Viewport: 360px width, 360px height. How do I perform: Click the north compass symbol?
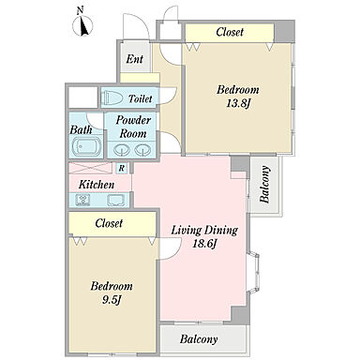click(82, 25)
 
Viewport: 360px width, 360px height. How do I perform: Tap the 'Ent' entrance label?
click(134, 59)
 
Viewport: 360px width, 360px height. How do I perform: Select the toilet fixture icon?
click(113, 97)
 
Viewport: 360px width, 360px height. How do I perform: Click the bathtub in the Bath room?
click(86, 146)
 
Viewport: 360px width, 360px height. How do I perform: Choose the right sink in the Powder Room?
click(142, 150)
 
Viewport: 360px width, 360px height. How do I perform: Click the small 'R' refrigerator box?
click(122, 168)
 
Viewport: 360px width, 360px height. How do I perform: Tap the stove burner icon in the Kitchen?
click(82, 200)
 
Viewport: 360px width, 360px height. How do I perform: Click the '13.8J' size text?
click(239, 103)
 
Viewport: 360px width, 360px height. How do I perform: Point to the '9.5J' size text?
click(112, 300)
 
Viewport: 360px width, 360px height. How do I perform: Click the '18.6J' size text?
click(204, 243)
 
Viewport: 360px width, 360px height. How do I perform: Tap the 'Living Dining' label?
click(204, 231)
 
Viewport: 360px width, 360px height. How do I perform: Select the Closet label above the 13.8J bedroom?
click(230, 32)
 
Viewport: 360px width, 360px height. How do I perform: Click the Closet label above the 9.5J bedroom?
click(109, 223)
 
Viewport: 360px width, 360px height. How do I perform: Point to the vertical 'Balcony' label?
click(264, 185)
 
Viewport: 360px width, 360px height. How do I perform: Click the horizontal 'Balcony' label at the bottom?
click(199, 339)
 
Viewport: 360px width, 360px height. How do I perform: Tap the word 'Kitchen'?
click(97, 185)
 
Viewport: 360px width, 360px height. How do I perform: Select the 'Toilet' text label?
click(141, 98)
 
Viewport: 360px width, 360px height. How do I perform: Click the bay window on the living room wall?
click(253, 273)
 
